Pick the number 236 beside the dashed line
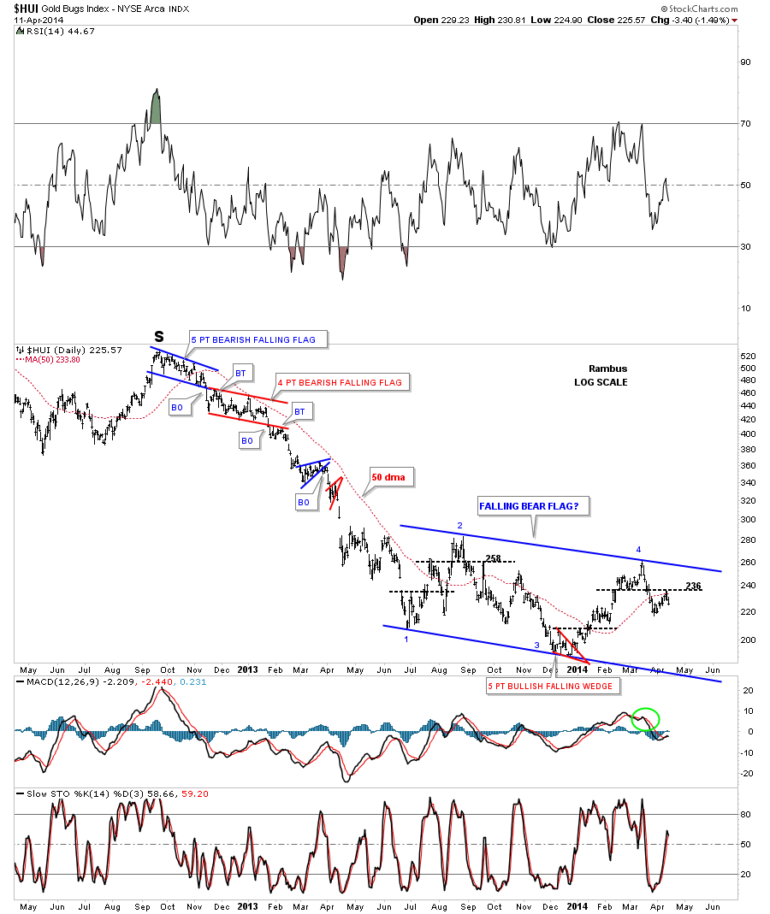(693, 586)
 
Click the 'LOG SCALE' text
(601, 382)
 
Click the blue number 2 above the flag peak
(459, 525)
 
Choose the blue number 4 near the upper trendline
(638, 548)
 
